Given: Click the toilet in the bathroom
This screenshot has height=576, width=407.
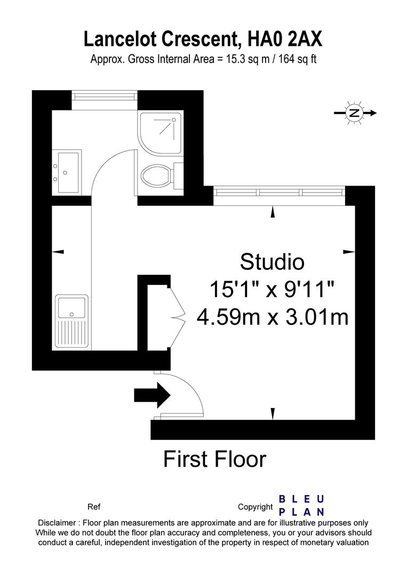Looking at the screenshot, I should tap(157, 174).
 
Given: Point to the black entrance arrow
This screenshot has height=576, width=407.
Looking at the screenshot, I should tap(151, 395).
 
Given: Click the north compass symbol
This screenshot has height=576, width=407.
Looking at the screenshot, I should tap(354, 113).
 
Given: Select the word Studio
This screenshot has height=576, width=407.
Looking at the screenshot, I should tap(272, 262).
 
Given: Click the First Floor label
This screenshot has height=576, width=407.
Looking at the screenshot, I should tap(214, 459).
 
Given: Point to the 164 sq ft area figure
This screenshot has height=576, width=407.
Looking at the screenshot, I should tap(297, 59).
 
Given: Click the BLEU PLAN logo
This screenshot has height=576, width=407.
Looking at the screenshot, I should tap(302, 506).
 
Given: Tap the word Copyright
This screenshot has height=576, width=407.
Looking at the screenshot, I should tap(256, 507).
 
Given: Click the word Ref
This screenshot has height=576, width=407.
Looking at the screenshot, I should tap(93, 507).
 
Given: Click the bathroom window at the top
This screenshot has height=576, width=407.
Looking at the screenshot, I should tap(105, 96).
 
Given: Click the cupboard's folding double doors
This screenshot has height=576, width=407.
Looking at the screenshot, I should tap(178, 317).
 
